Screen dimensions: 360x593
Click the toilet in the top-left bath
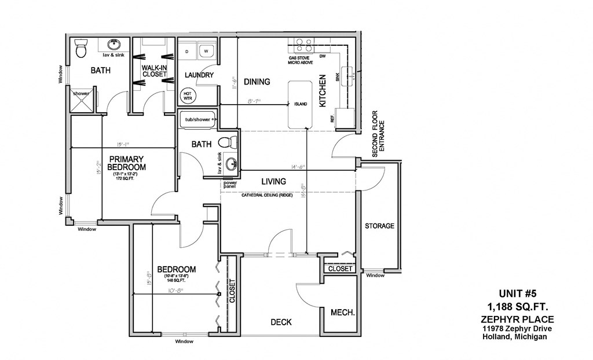tap(81, 49)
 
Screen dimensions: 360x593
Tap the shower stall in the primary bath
tap(82, 98)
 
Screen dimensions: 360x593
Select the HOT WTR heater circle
tap(188, 96)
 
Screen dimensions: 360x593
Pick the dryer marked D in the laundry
tap(187, 52)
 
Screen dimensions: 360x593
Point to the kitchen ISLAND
tap(300, 105)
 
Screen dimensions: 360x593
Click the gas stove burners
tap(304, 45)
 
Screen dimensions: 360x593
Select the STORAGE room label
tap(379, 226)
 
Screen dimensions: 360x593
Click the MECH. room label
tap(342, 313)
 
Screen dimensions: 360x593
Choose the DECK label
tap(280, 322)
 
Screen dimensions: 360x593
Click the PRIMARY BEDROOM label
tap(126, 163)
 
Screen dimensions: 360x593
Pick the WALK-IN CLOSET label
tap(154, 71)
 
